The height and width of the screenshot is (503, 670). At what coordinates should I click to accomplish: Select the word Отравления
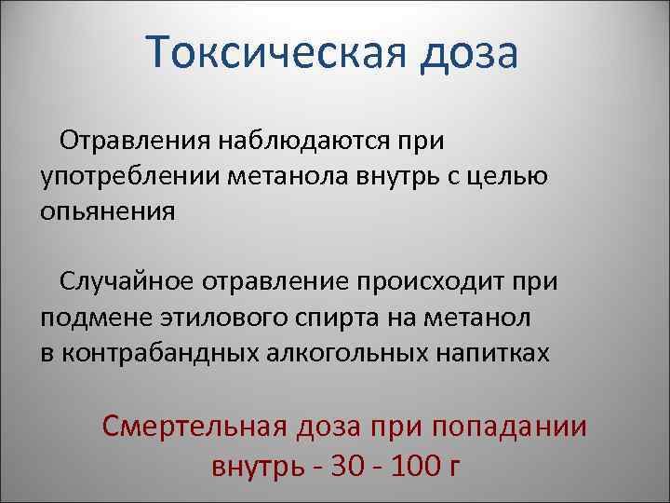coord(134,143)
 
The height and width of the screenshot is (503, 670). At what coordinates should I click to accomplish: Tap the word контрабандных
coord(157,352)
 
